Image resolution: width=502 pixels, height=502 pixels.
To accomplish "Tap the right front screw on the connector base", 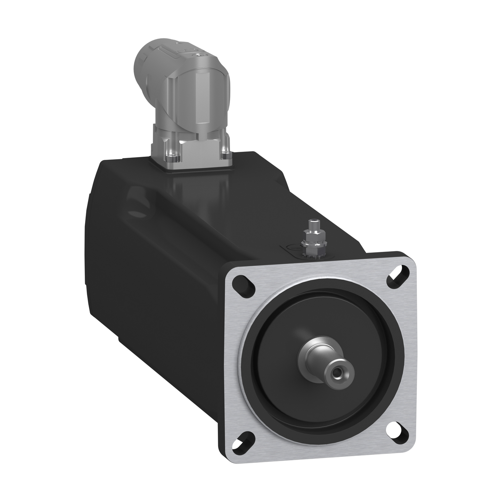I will click(x=226, y=150).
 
